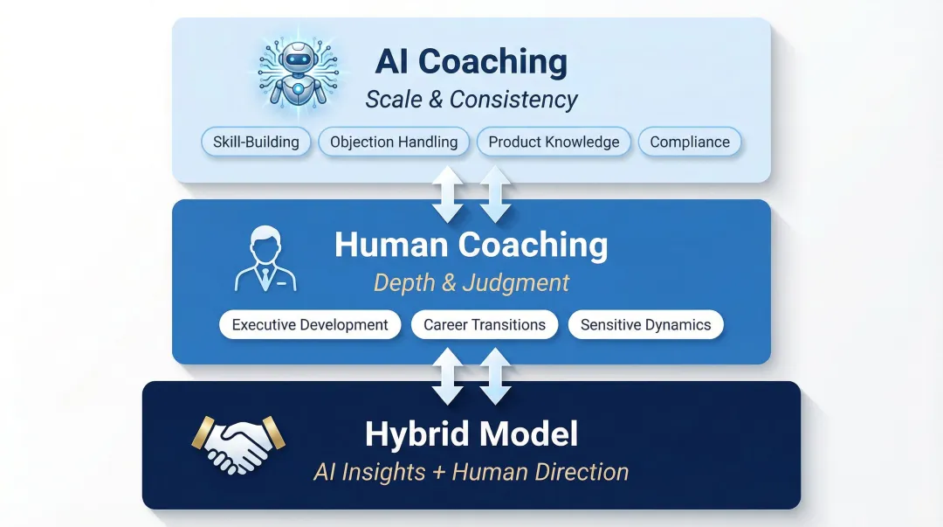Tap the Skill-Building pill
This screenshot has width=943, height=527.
click(256, 142)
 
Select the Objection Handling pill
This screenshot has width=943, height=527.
click(394, 142)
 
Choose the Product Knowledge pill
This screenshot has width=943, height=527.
click(554, 142)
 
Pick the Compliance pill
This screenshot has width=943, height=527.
click(690, 142)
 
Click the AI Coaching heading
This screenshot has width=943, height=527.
click(471, 62)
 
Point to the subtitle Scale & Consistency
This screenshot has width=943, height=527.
click(471, 100)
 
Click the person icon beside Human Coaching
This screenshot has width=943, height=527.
click(265, 259)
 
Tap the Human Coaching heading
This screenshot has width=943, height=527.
click(471, 246)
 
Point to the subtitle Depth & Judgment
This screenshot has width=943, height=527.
click(471, 283)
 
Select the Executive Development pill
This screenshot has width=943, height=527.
click(310, 325)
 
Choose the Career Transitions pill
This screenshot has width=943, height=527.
click(485, 325)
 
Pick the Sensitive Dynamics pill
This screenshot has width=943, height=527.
click(646, 325)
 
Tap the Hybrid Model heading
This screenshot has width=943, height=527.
click(471, 433)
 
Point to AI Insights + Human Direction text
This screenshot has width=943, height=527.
click(471, 472)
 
